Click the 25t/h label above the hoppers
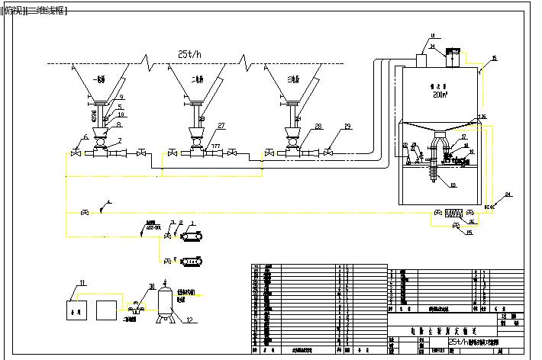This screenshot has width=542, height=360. coord(188,54)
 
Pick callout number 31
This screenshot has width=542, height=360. coord(152,286)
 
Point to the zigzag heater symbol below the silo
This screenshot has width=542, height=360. coord(456,214)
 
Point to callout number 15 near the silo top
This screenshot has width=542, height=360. coord(494,58)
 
